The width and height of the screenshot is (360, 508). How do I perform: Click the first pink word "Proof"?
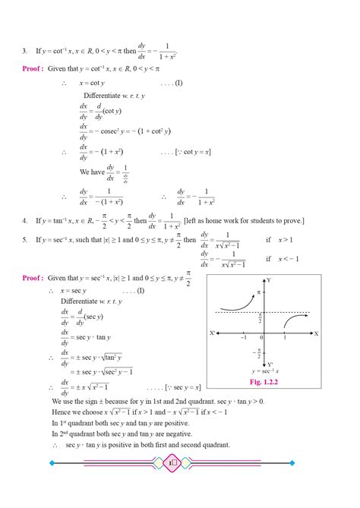pyautogui.click(x=33, y=68)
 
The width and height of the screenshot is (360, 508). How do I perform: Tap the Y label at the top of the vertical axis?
pyautogui.click(x=268, y=280)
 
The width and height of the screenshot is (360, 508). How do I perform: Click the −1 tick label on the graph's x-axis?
pyautogui.click(x=244, y=339)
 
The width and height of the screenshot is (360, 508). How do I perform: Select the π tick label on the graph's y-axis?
pyautogui.click(x=257, y=292)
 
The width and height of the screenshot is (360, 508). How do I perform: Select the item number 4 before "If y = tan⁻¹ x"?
pyautogui.click(x=25, y=221)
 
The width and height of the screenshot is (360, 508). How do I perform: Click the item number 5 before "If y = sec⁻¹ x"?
pyautogui.click(x=25, y=240)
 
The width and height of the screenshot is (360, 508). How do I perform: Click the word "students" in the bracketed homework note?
pyautogui.click(x=276, y=221)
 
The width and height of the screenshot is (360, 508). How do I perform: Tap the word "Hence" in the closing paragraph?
pyautogui.click(x=62, y=412)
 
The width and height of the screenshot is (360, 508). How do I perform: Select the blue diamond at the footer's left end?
pyautogui.click(x=51, y=462)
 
